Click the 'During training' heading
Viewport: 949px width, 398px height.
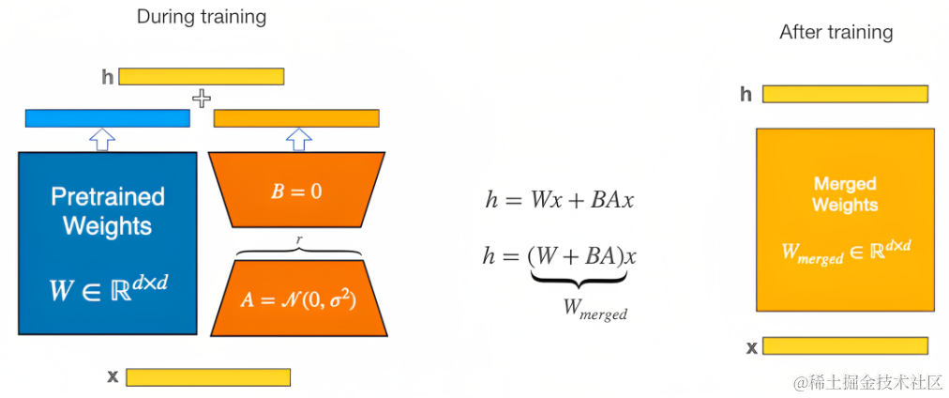point(201,17)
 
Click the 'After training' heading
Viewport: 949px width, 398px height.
point(836,32)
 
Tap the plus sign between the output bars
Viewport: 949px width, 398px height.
point(201,98)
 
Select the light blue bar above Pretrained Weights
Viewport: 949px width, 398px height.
point(107,118)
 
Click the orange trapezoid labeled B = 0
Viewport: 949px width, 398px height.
point(296,191)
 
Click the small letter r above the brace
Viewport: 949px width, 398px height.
point(298,240)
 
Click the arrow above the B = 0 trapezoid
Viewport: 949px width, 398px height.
point(298,139)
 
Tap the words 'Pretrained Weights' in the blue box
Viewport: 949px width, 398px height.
point(108,212)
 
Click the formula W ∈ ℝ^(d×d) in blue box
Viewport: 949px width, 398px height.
point(108,287)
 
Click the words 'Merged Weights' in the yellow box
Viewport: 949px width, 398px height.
point(845,194)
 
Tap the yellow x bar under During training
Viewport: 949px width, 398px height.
point(207,377)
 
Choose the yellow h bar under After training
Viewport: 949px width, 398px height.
point(845,94)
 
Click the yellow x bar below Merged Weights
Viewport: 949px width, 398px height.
point(845,346)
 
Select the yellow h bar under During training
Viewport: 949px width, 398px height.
point(201,76)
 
